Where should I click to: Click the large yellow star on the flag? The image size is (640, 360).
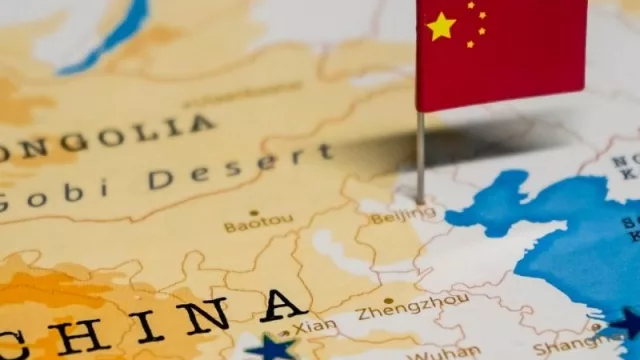441,26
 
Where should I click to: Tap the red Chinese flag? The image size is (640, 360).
500,55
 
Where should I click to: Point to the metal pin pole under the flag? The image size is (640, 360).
420,155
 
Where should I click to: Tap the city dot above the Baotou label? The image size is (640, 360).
254,212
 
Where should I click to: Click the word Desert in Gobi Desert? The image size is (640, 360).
241,170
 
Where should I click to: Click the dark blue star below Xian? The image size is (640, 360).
271,348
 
